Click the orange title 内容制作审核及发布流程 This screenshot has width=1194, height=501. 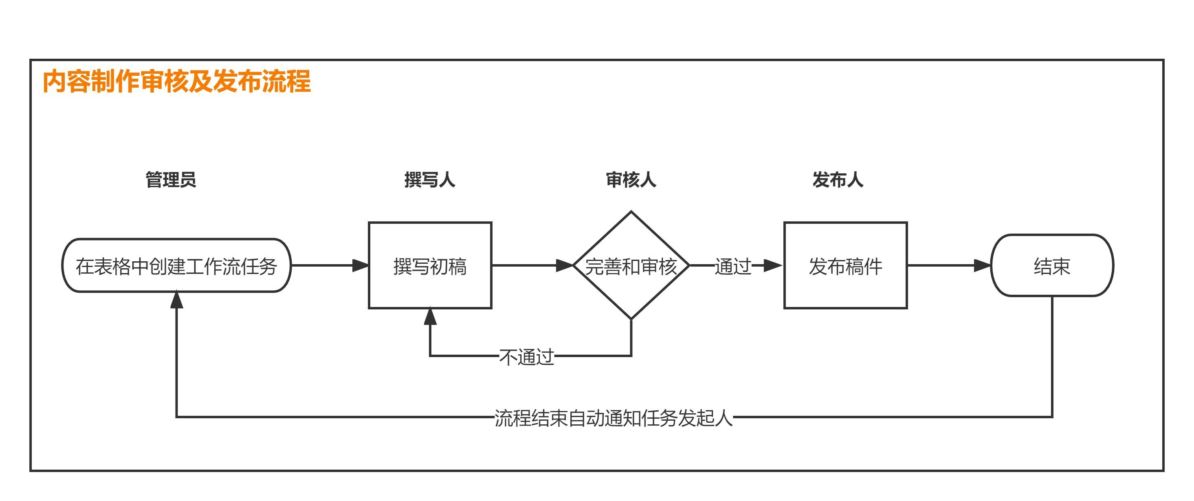point(177,82)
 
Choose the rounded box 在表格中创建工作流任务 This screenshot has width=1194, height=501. point(177,266)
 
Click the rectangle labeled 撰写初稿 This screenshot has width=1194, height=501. point(430,266)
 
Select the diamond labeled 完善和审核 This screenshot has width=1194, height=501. point(631,266)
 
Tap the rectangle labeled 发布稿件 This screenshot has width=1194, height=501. point(845,266)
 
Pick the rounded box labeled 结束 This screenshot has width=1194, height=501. point(1052,266)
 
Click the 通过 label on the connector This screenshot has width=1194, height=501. point(733,266)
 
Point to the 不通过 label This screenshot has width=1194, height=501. point(527,357)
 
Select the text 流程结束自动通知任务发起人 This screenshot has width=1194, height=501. point(613,418)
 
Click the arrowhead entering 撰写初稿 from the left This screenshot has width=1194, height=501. point(361,266)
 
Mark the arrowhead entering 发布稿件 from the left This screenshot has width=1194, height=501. point(773,266)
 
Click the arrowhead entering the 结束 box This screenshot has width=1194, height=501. point(982,266)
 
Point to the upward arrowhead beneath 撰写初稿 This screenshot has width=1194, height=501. point(430,317)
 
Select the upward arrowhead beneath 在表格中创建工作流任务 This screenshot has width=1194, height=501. point(177,300)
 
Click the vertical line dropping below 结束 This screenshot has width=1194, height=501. point(1052,357)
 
